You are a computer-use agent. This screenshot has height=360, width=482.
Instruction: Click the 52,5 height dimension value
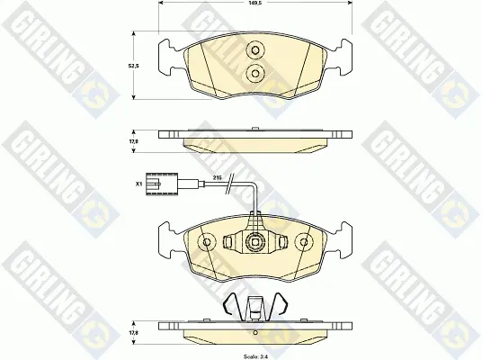[x=133, y=66]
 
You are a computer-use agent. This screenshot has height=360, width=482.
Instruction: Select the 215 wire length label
[x=217, y=178]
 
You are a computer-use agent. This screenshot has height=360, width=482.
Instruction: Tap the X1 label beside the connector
[x=138, y=184]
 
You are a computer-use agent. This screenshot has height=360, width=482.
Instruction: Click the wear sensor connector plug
[x=162, y=184]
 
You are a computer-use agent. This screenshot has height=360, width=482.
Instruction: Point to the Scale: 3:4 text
[x=255, y=357]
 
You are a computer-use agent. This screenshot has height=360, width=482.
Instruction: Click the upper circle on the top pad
[x=255, y=49]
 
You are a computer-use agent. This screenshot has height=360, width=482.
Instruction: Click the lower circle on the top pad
[x=255, y=73]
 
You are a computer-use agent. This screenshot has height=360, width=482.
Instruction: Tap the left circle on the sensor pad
[x=207, y=242]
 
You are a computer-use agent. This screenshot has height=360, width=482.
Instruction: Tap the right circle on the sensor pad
[x=304, y=242]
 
